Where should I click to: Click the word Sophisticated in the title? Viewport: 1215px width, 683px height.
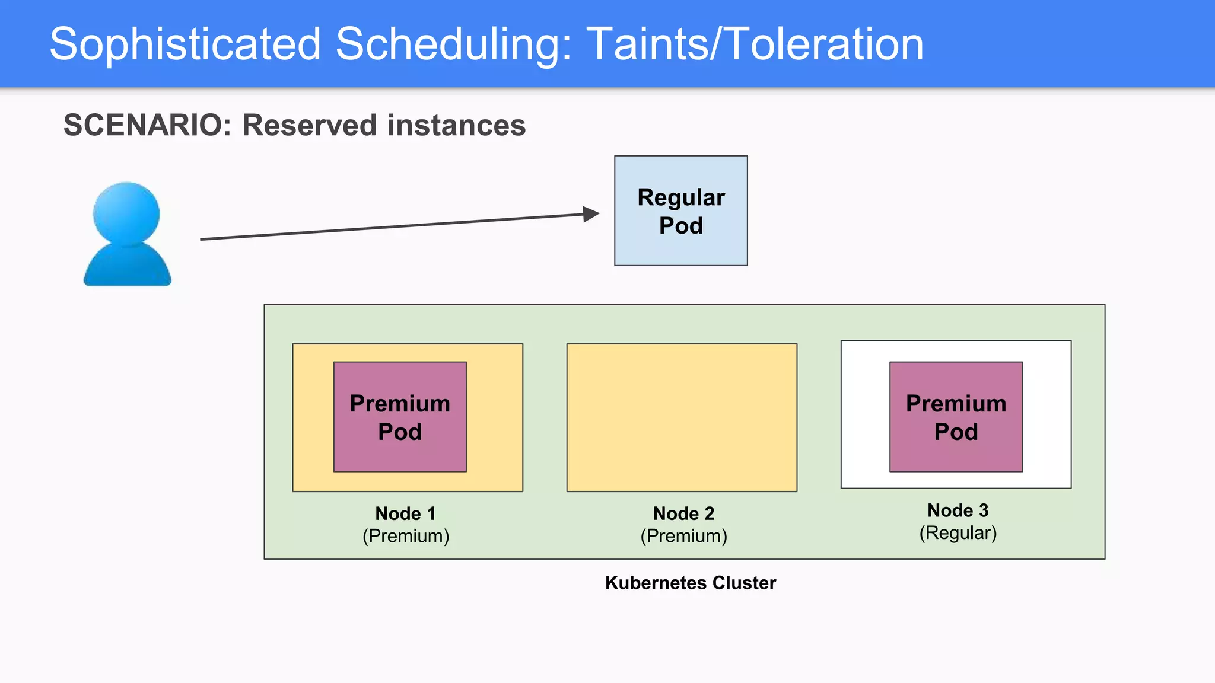pyautogui.click(x=185, y=44)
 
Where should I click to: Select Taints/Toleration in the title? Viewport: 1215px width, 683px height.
pyautogui.click(x=755, y=44)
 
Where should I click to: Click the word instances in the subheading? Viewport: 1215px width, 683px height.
pyautogui.click(x=456, y=125)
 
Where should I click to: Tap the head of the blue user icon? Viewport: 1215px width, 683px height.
pyautogui.click(x=126, y=212)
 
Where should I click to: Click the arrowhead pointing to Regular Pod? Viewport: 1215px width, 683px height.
pyautogui.click(x=591, y=214)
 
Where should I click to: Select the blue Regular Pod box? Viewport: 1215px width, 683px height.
pyautogui.click(x=680, y=210)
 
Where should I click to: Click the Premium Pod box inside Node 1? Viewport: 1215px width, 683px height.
pyautogui.click(x=400, y=417)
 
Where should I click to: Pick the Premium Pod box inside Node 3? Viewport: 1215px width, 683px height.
pyautogui.click(x=956, y=417)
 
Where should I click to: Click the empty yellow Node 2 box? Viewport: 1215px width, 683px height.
pyautogui.click(x=682, y=417)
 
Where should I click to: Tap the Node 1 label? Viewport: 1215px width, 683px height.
pyautogui.click(x=406, y=513)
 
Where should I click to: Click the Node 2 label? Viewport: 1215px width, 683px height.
pyautogui.click(x=683, y=513)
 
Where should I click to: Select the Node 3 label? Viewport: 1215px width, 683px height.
pyautogui.click(x=958, y=510)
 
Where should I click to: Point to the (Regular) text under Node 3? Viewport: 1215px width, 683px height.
pyautogui.click(x=958, y=532)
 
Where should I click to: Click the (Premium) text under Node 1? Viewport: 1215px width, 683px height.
pyautogui.click(x=406, y=536)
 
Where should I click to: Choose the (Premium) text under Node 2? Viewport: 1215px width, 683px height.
pyautogui.click(x=683, y=536)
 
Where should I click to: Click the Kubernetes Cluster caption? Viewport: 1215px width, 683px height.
pyautogui.click(x=690, y=582)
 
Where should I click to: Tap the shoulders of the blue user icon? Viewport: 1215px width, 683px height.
pyautogui.click(x=127, y=267)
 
